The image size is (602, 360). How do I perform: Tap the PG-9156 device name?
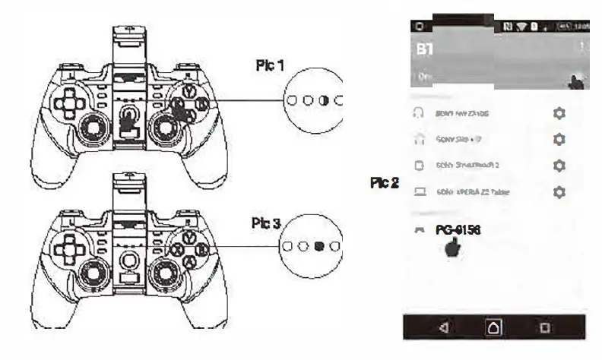460,229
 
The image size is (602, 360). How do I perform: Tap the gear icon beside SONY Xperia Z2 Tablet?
559,192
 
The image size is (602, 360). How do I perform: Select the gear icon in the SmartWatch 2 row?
559,165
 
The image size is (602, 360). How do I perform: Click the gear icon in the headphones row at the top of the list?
559,113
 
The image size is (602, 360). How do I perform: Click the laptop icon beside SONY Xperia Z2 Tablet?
419,192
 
